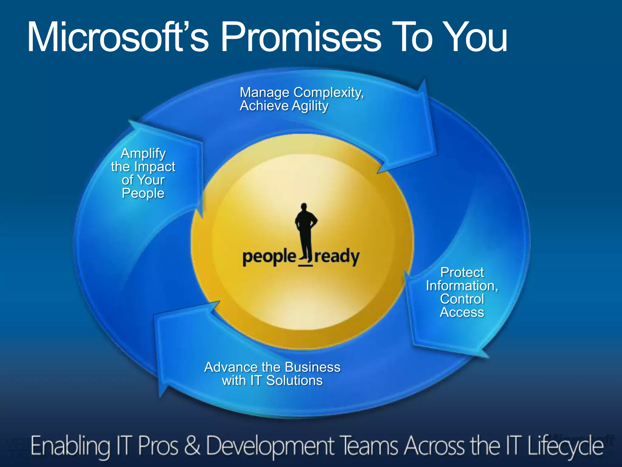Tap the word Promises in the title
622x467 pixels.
[x=301, y=37]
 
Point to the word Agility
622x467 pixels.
[x=310, y=106]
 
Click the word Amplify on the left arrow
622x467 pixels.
[x=143, y=153]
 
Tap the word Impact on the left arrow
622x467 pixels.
[x=155, y=167]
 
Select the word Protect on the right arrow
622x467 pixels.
[x=462, y=272]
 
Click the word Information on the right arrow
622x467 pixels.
[x=461, y=286]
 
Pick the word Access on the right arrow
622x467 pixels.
[x=462, y=312]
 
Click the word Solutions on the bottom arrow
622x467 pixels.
[x=294, y=381]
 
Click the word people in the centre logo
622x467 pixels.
[x=269, y=257]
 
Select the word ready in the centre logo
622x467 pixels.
[x=337, y=257]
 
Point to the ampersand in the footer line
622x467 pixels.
[x=192, y=446]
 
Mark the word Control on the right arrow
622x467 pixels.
[x=462, y=299]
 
